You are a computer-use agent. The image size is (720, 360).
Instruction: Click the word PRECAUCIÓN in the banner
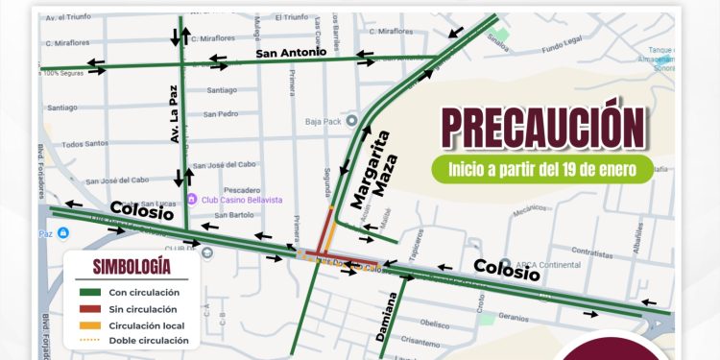pyautogui.click(x=542, y=127)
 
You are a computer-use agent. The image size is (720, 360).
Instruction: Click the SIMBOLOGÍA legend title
pyautogui.click(x=132, y=267)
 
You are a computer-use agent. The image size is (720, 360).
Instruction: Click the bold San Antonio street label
pyautogui.click(x=292, y=53)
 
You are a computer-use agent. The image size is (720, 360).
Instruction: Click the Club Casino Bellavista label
pyautogui.click(x=241, y=199)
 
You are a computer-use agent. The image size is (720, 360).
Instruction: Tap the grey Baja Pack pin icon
pyautogui.click(x=352, y=121)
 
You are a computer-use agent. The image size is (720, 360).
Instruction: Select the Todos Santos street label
pyautogui.click(x=84, y=144)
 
